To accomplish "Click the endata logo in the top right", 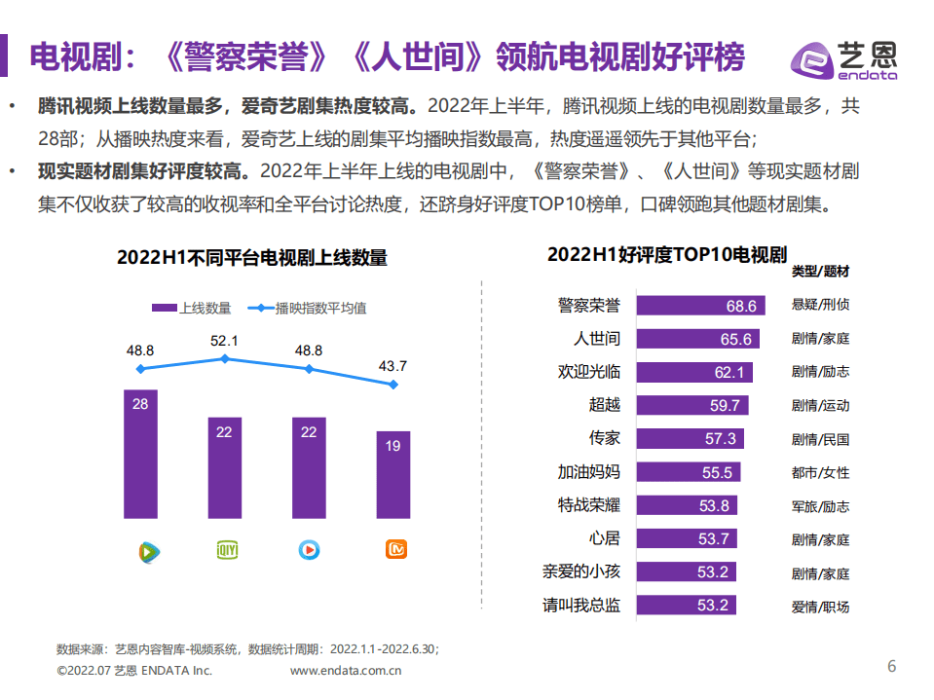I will click(x=845, y=58).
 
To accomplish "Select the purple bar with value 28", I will click(x=140, y=453).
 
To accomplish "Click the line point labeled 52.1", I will click(x=225, y=358).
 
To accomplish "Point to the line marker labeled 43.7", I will click(x=393, y=385).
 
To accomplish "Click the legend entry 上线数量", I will click(x=192, y=308).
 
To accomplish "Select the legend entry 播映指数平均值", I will click(x=308, y=308).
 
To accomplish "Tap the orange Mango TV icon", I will click(x=393, y=550).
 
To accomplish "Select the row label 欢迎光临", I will click(x=588, y=372).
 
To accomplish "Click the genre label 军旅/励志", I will click(x=820, y=506).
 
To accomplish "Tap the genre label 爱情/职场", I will click(x=820, y=607).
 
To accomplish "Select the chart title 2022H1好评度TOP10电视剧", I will click(x=666, y=255).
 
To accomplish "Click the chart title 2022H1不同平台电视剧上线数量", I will click(x=252, y=257).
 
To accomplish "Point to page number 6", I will click(x=890, y=666).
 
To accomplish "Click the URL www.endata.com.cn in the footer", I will click(x=348, y=670).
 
